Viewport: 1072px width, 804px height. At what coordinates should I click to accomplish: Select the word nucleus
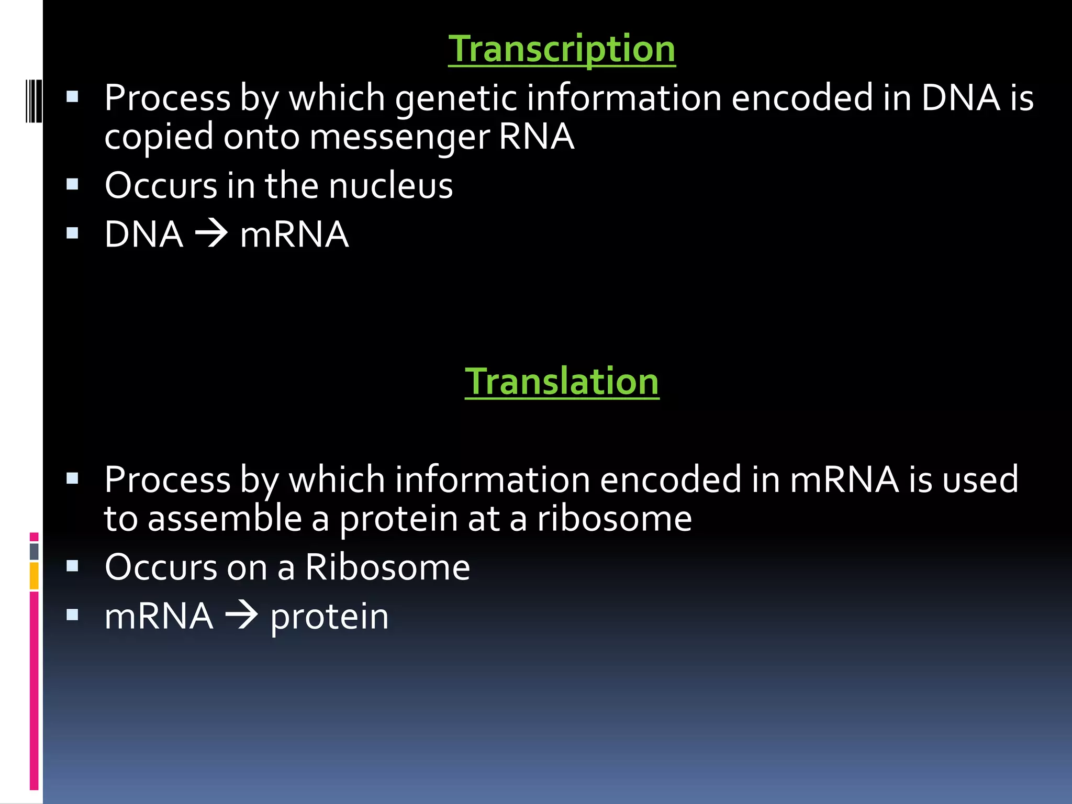tap(390, 186)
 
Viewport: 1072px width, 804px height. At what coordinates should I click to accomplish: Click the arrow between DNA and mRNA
tap(211, 234)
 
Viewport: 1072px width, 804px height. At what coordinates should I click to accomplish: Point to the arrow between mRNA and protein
tap(241, 616)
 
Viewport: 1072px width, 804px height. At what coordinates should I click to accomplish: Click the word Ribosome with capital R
tap(387, 567)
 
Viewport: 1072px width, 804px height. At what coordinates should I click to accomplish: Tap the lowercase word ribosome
tap(614, 519)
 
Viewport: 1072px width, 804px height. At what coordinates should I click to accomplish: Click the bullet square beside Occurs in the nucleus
tap(73, 184)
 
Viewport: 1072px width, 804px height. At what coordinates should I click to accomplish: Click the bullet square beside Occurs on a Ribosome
tap(73, 566)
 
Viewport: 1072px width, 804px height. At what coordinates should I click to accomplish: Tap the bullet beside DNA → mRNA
tap(73, 233)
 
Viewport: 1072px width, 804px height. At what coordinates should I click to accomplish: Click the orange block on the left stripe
tap(34, 576)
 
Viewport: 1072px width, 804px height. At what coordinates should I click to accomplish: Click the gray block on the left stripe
tap(34, 551)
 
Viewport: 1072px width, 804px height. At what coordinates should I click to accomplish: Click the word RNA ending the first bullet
tap(537, 138)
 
